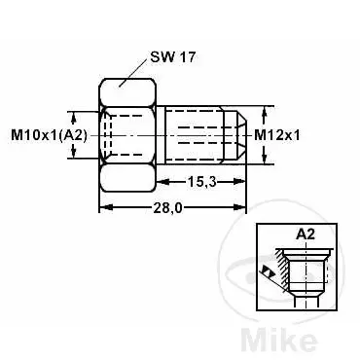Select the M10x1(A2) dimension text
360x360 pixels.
[x=50, y=135]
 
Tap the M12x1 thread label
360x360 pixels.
[x=277, y=134]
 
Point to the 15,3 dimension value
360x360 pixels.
[x=201, y=182]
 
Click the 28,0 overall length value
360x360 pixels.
[x=167, y=208]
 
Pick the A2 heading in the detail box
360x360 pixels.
[x=306, y=234]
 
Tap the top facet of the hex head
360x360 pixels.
[x=126, y=92]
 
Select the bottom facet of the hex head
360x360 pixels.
[x=126, y=177]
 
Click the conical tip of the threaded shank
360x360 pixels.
[x=239, y=135]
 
